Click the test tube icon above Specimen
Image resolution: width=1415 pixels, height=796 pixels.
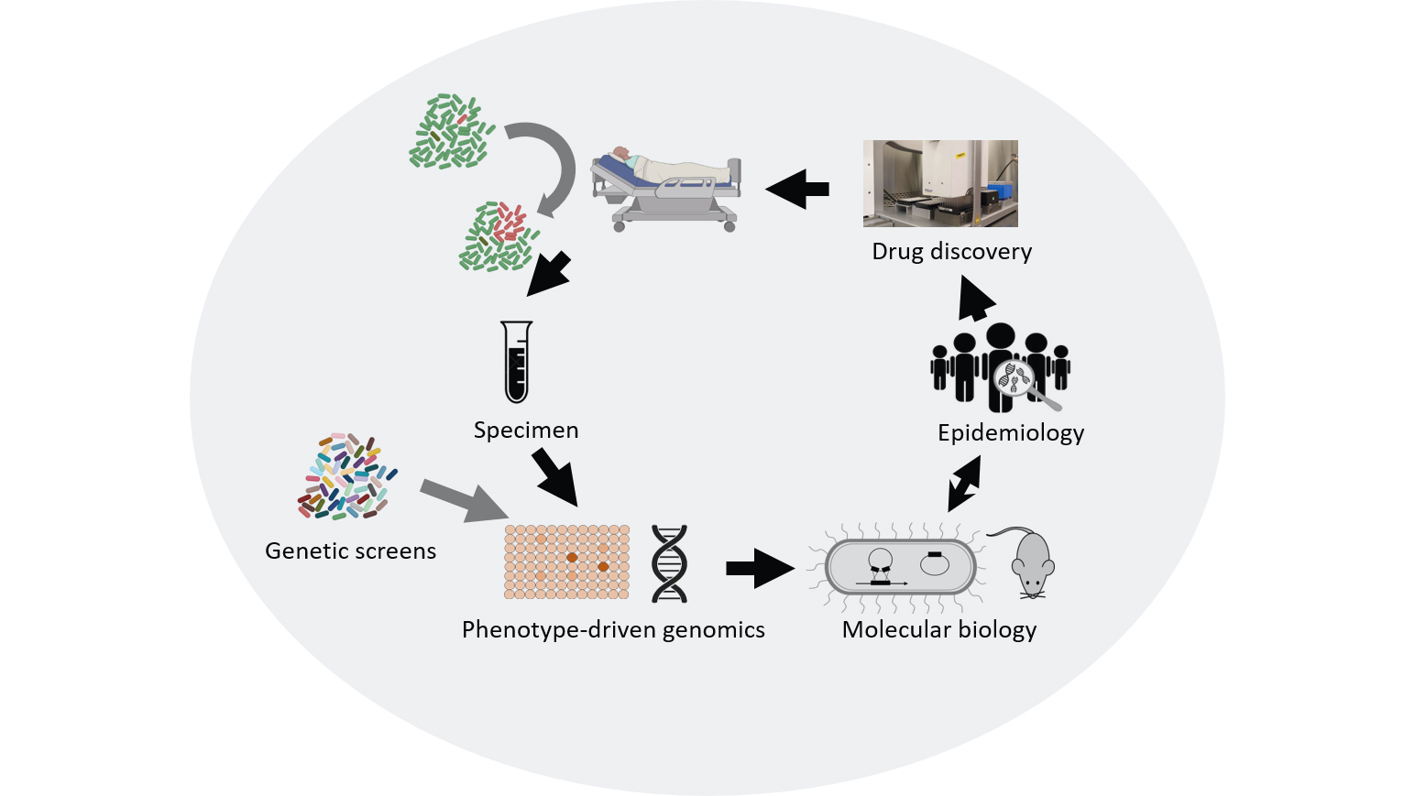(517, 362)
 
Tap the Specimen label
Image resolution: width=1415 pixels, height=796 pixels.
(526, 430)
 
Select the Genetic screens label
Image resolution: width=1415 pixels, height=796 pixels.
(350, 551)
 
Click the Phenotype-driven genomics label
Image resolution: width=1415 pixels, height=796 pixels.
(613, 629)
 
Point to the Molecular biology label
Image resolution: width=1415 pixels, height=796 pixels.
(939, 629)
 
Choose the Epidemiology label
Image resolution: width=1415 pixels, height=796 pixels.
(1011, 432)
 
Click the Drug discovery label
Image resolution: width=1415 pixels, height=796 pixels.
(951, 251)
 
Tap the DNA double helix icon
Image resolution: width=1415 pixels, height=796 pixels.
(669, 563)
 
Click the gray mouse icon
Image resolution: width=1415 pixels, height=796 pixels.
(1031, 563)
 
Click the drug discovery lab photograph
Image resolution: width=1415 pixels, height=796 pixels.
(940, 183)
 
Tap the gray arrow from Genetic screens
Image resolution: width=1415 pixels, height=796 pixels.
(463, 499)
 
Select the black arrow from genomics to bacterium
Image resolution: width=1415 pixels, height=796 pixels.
(759, 568)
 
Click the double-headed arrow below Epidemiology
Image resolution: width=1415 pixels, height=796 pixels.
(963, 483)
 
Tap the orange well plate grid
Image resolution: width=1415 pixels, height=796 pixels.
(567, 562)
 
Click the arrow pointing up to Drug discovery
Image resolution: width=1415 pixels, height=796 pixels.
(976, 300)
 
